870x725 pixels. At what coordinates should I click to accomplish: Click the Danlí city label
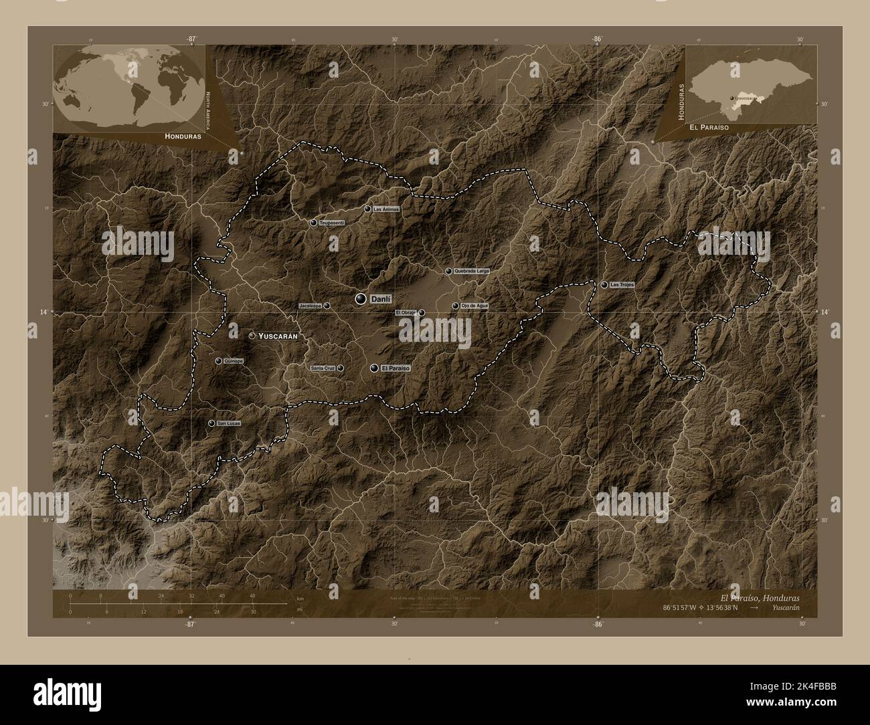[x=380, y=298]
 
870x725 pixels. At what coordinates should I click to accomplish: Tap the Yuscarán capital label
[x=278, y=336]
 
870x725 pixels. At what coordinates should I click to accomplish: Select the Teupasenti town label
[x=332, y=222]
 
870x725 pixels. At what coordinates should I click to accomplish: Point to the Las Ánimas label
[x=387, y=209]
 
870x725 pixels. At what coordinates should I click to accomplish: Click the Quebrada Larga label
[x=472, y=272]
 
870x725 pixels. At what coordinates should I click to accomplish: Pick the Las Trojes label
[x=622, y=285]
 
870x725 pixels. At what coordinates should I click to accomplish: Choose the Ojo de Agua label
[x=474, y=306]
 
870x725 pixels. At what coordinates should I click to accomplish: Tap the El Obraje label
[x=406, y=312]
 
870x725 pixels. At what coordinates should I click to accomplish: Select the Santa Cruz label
[x=323, y=368]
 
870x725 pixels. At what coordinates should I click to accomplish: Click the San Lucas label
[x=228, y=423]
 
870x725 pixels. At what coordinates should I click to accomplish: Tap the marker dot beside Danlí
[x=361, y=298]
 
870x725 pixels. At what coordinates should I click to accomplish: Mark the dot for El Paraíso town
[x=374, y=368]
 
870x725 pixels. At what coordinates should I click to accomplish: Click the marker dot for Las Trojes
[x=604, y=285]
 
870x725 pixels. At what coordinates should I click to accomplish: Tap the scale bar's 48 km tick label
[x=252, y=595]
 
